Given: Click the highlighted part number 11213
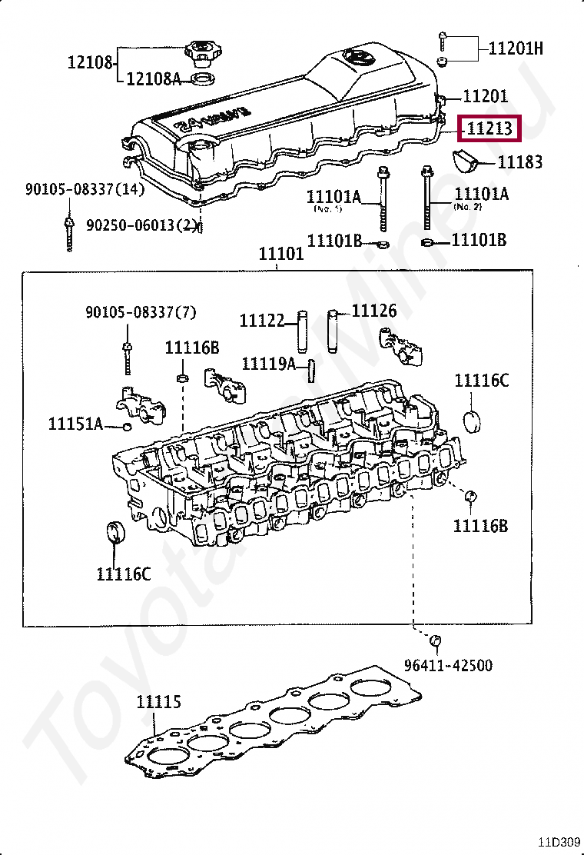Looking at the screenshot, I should [x=490, y=129].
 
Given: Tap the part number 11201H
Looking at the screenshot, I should [x=516, y=49].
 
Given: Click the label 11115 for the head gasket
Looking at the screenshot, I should [x=159, y=702].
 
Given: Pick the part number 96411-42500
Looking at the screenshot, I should [x=449, y=665].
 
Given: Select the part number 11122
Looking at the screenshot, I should [x=262, y=321].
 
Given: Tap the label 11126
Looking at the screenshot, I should [x=374, y=311].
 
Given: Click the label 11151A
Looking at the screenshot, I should [x=75, y=424].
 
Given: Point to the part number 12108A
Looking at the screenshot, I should [x=154, y=78].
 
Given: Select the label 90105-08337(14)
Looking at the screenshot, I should [x=84, y=189].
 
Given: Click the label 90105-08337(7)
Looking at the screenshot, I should [x=141, y=312].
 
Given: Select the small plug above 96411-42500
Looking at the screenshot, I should [x=435, y=640].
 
